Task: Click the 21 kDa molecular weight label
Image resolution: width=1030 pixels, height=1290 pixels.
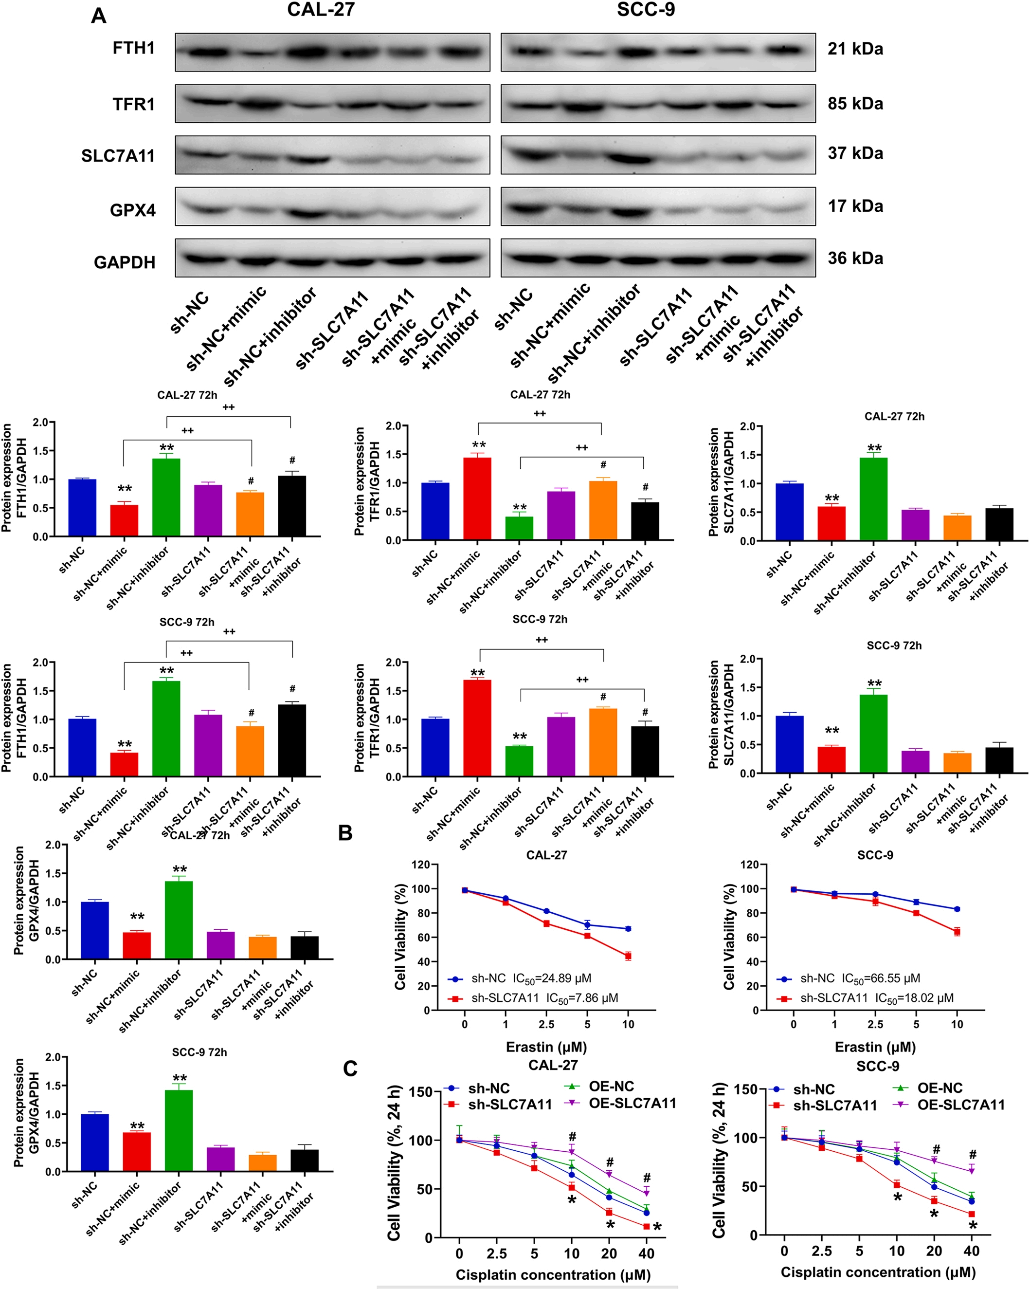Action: tap(855, 49)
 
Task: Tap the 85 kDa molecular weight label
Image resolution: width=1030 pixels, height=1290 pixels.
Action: tap(855, 104)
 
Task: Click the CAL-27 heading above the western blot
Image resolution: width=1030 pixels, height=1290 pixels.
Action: tap(321, 10)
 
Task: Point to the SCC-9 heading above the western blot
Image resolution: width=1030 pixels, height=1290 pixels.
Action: tap(646, 10)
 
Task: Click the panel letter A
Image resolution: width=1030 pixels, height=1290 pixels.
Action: tap(99, 16)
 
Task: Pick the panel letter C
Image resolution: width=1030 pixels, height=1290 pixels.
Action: tap(350, 1068)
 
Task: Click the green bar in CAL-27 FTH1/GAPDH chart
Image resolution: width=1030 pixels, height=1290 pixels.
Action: tap(166, 497)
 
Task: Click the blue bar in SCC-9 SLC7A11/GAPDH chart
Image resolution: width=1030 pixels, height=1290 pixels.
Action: tap(790, 744)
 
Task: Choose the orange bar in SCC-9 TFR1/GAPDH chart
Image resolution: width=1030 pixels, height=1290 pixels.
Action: tap(603, 742)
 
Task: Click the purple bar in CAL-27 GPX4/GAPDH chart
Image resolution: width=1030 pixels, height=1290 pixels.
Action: tap(221, 945)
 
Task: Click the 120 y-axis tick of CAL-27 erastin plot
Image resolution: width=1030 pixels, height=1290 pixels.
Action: tap(421, 865)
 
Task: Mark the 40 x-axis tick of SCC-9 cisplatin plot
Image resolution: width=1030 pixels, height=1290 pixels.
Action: tap(972, 1251)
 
